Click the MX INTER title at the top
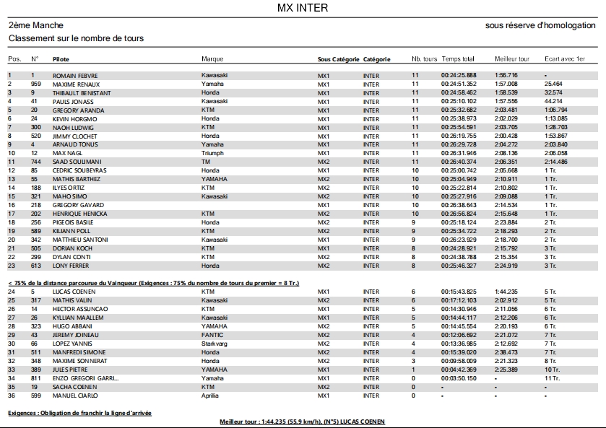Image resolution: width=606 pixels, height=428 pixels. point(303,8)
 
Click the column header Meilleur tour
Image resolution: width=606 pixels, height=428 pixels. point(512,58)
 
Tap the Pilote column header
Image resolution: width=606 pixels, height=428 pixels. point(61,58)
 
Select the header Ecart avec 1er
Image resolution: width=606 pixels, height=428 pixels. point(565,58)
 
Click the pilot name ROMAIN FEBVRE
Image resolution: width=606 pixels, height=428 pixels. point(75,75)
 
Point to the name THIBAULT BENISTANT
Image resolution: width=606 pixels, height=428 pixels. point(82,92)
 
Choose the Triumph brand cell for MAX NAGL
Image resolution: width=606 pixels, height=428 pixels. point(212,153)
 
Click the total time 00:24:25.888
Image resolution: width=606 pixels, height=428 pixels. point(459,75)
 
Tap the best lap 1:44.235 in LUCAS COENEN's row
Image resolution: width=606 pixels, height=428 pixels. point(506,292)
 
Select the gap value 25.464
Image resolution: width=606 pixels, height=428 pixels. point(554,84)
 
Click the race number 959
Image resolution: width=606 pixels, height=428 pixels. point(36,84)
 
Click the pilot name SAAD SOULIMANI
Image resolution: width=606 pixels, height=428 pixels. point(77,162)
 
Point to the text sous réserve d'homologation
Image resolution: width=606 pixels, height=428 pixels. point(540,25)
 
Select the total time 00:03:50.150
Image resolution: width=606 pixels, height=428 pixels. point(459,378)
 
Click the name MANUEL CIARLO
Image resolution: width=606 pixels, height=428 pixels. point(75,396)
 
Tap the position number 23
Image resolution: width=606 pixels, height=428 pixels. point(12,266)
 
